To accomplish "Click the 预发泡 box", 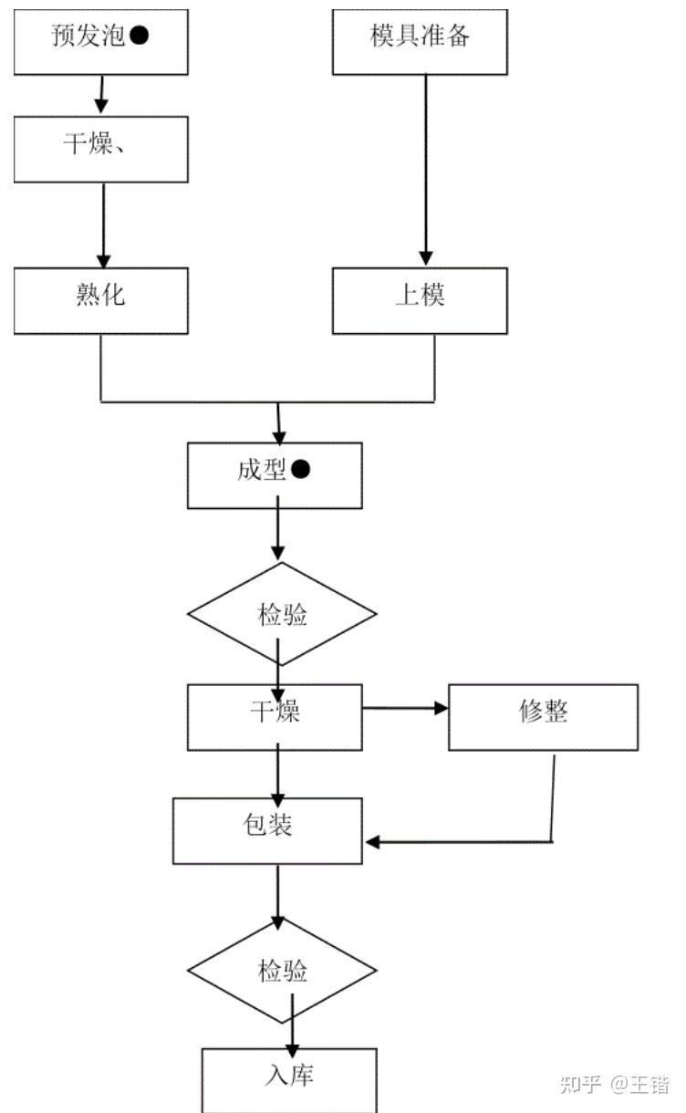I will click(100, 41).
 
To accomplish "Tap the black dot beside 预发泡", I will click(140, 36).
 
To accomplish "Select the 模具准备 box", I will click(420, 41).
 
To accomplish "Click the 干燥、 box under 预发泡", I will click(100, 150).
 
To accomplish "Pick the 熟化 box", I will click(100, 300).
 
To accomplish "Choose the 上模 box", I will click(420, 300).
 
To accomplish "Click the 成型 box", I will click(274, 474).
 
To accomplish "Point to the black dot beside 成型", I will click(301, 470).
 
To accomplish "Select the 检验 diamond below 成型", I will click(282, 617).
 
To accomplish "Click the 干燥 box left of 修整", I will click(275, 717).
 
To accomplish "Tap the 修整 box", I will click(543, 717).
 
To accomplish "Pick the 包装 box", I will click(267, 830).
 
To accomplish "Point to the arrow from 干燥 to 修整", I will click(405, 708).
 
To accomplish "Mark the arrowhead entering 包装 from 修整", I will click(373, 841).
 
